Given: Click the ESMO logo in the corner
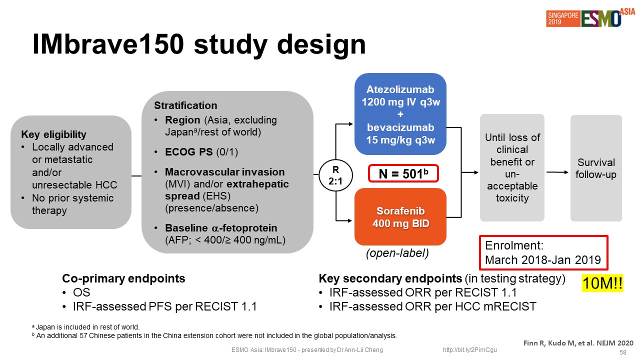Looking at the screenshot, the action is pos(601,18).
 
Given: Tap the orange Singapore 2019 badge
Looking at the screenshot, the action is pos(563,18).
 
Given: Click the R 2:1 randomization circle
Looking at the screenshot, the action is pos(335,175).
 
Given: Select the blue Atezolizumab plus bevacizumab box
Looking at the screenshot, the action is pos(400,114).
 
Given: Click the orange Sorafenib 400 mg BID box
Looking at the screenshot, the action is pos(400,217).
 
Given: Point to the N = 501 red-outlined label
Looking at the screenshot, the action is pos(403,173).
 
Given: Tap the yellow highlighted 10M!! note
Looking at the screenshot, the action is pos(602,283).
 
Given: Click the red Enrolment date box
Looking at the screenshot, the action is pos(543,253).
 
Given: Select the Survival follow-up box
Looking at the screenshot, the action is pos(596,168).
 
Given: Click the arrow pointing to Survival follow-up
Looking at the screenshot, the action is pos(557,172).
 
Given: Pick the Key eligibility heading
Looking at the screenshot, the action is pos(53,134).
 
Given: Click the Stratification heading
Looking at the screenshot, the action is pos(185,105).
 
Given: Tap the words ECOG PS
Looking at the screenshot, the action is pos(189,151).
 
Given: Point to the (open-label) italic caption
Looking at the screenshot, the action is pos(397,253).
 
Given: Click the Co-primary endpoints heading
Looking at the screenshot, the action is pos(123,278).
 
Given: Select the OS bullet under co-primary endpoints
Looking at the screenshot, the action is pos(81,292).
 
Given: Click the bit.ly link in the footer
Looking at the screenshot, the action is pos(469,350).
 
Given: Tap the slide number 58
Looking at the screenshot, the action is pos(623,352).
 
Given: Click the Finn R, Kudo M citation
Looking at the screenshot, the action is pos(578,343).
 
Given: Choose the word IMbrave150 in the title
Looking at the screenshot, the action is pos(108,44).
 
